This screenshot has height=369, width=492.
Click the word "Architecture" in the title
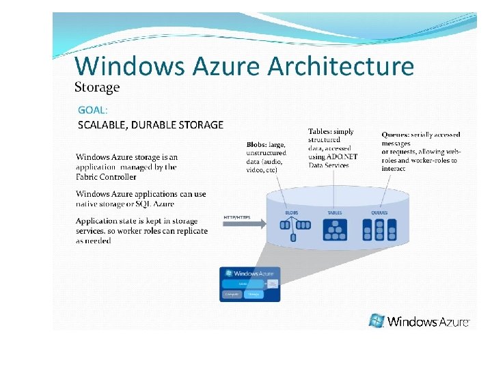(x=340, y=66)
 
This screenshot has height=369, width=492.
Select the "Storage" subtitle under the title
(x=96, y=87)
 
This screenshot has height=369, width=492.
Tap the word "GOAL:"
(x=92, y=109)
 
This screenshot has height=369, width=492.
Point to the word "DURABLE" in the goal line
(x=153, y=125)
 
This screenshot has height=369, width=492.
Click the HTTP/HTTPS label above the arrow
(x=237, y=218)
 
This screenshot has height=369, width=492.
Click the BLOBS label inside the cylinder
(x=292, y=213)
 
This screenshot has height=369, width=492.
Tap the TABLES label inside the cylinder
(x=335, y=213)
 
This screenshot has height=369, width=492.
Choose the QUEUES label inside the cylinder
(x=379, y=213)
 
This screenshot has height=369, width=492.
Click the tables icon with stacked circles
(x=335, y=229)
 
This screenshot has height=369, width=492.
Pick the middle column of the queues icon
(x=379, y=230)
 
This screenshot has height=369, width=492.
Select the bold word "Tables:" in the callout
(x=321, y=131)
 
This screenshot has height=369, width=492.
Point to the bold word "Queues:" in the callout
(x=396, y=135)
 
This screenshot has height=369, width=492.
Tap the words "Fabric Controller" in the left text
(x=106, y=176)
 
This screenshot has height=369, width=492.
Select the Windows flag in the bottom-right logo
(x=377, y=320)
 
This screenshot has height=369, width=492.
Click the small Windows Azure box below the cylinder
(x=249, y=284)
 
